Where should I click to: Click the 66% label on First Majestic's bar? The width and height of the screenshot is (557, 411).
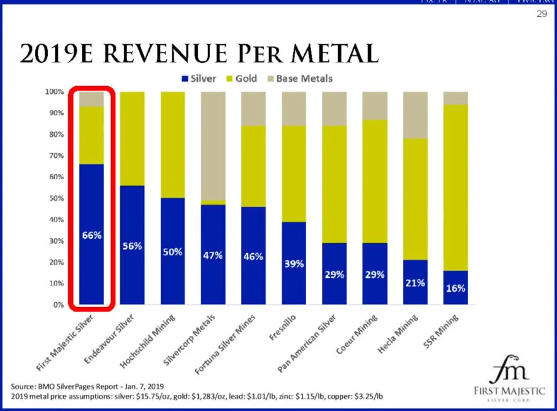pos(92,235)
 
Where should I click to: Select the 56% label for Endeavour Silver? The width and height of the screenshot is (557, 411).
pos(132,246)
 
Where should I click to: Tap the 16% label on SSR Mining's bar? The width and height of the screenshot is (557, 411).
pos(456,288)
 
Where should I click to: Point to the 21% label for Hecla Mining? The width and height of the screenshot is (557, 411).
pos(415,283)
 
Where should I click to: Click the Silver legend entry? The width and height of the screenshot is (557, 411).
pos(199,79)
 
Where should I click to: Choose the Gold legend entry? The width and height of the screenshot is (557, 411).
pos(242,79)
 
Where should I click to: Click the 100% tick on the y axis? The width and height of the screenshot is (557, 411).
pos(54,92)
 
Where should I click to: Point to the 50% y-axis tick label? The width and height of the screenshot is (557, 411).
pos(56,199)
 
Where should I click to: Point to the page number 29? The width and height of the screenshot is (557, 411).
pos(541,14)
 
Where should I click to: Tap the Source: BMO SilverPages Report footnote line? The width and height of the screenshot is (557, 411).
pos(87,386)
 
